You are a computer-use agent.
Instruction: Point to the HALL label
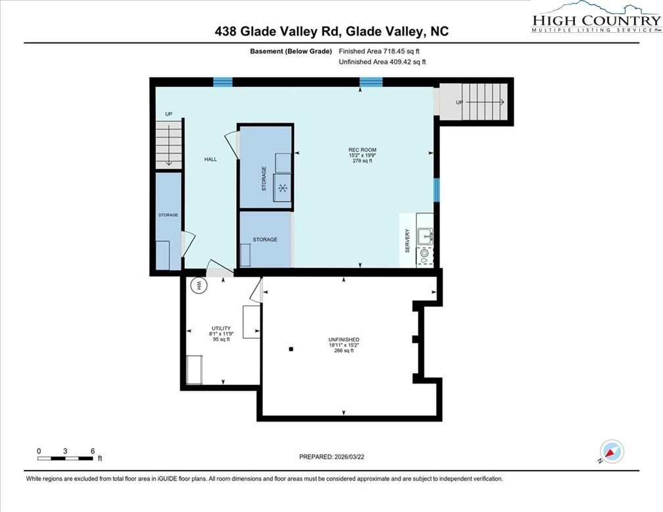[x=210, y=159]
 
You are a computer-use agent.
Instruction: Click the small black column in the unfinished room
[x=291, y=349]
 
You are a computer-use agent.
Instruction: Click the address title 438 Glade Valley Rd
[x=332, y=31]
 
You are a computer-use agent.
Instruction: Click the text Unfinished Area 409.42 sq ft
[x=381, y=62]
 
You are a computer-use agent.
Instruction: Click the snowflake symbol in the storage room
[x=283, y=189]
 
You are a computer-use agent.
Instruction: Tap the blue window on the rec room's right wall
[x=436, y=189]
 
